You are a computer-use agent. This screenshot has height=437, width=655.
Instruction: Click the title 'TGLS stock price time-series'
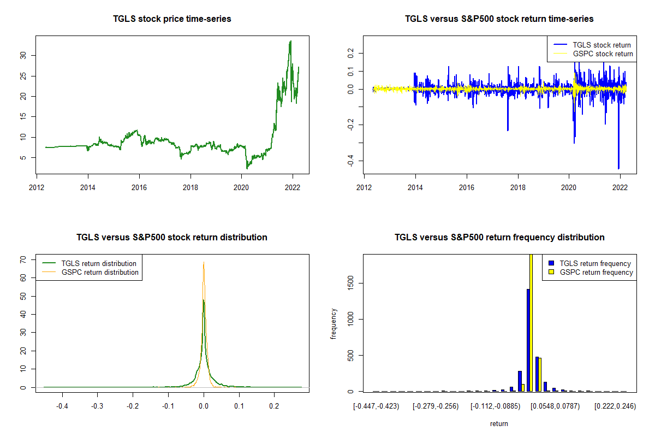tap(172, 19)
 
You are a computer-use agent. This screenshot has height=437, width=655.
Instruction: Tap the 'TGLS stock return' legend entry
tap(602, 45)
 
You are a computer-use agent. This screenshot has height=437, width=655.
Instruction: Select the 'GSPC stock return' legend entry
tap(603, 54)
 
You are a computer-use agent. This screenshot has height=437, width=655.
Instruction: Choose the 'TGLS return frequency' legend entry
tap(595, 263)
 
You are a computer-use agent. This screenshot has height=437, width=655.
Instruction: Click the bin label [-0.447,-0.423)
tap(377, 406)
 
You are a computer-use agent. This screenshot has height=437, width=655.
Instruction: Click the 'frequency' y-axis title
tap(334, 324)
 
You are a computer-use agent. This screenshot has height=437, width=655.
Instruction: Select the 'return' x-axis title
tap(499, 423)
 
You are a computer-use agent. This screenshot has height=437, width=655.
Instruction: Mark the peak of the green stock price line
tap(290, 41)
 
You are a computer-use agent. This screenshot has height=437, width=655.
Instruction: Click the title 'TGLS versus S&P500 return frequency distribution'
tap(499, 238)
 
